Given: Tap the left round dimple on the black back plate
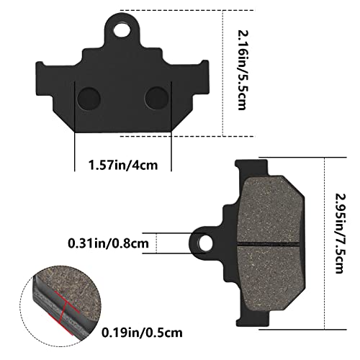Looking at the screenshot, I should (x=91, y=96).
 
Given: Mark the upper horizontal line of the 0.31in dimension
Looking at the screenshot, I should (x=173, y=233).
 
